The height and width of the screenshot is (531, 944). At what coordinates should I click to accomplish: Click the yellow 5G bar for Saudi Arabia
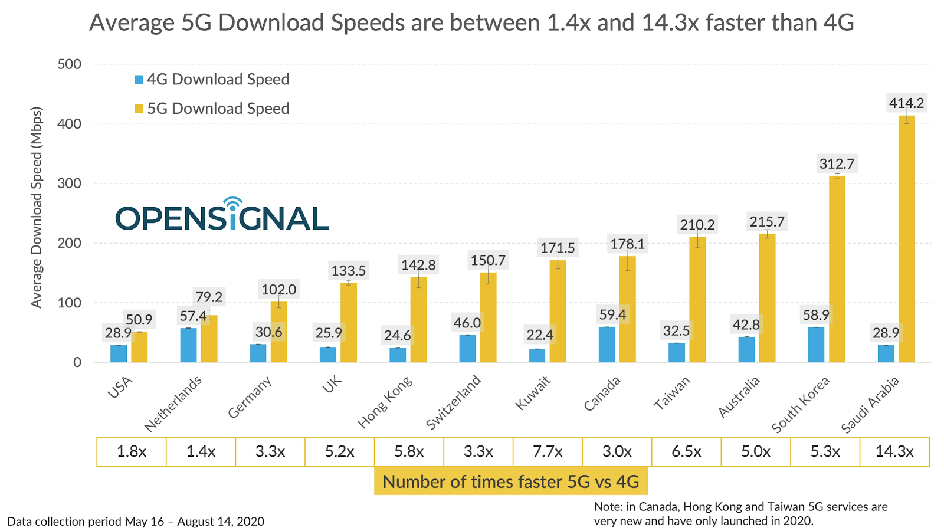[x=906, y=239]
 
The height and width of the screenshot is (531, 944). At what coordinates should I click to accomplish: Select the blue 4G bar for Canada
[x=607, y=345]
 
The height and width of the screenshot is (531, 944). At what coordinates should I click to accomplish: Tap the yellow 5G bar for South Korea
[x=837, y=269]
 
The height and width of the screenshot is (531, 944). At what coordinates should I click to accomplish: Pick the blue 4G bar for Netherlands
[x=188, y=345]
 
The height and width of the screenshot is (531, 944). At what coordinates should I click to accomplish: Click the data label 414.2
[x=906, y=103]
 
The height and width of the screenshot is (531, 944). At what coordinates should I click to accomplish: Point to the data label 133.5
[x=348, y=271]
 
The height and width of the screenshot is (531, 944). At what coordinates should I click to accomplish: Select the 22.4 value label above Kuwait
[x=539, y=335]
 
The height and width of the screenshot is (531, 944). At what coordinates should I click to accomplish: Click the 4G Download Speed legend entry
[x=212, y=80]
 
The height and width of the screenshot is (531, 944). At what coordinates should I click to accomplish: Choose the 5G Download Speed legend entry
[x=212, y=109]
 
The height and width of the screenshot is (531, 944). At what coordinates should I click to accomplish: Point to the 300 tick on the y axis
[x=70, y=183]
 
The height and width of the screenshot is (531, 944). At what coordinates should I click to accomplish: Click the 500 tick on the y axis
[x=70, y=64]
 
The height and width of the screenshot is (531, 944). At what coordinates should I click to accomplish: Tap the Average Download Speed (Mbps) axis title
[x=37, y=207]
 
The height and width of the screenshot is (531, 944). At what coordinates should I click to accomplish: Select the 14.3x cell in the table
[x=894, y=452]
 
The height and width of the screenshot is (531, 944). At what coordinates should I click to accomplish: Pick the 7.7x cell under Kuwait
[x=548, y=452]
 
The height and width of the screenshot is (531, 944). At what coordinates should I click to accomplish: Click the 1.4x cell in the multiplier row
[x=201, y=452]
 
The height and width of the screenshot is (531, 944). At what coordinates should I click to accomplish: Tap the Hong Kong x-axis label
[x=386, y=401]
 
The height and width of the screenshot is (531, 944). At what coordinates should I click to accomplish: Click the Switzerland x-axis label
[x=454, y=401]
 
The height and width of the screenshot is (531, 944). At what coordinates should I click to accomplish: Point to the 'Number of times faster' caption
[x=510, y=481]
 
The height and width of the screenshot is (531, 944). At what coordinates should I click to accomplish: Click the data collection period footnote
[x=136, y=522]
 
